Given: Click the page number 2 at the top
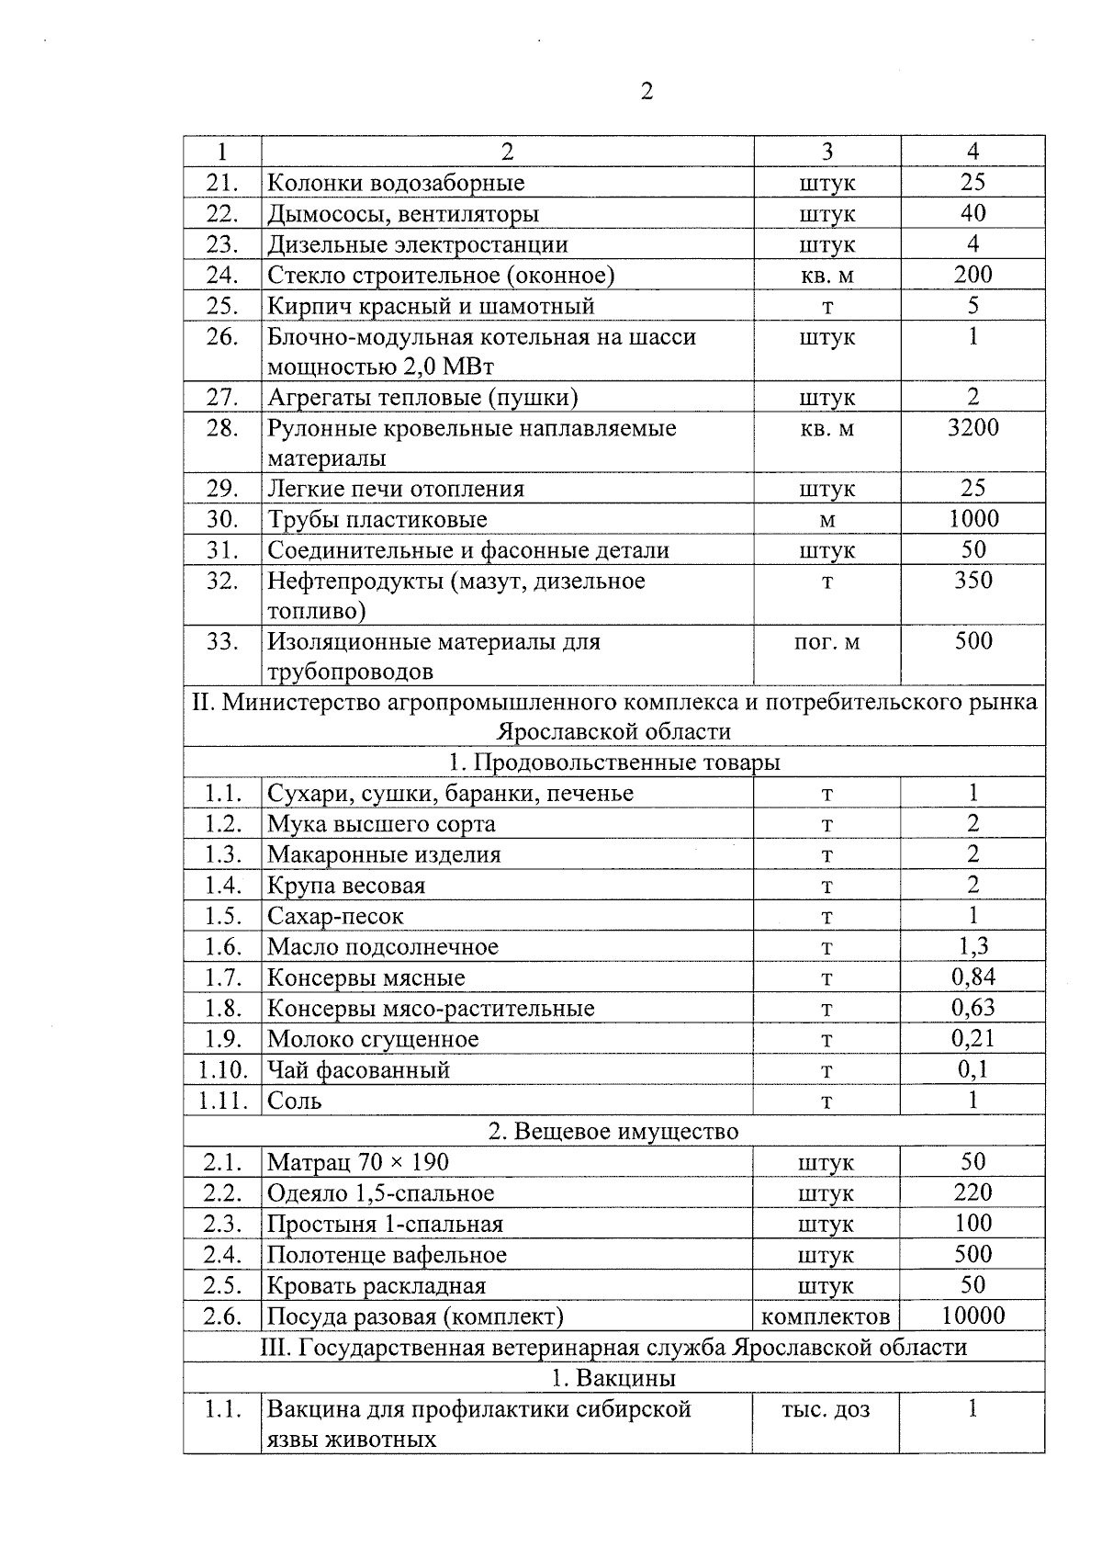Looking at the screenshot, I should tap(647, 92).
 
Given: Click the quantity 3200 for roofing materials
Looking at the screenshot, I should tap(973, 427).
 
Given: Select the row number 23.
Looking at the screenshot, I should tap(222, 244).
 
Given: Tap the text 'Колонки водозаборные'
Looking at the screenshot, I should tap(396, 183).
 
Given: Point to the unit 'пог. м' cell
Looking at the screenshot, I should tap(826, 641).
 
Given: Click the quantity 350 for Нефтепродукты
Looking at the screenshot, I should tap(973, 580).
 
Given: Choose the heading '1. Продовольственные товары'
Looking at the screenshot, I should tap(614, 763).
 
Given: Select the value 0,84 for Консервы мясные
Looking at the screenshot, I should tap(973, 977).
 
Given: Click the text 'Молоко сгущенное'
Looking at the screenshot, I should tap(373, 1039).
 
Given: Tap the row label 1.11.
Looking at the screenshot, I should tap(222, 1101).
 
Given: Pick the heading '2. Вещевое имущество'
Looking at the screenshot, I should tap(613, 1131).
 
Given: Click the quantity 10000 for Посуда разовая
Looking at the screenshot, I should tap(973, 1316).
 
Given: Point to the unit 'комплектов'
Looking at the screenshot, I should tap(826, 1316).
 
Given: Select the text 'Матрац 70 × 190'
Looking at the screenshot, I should tap(358, 1162).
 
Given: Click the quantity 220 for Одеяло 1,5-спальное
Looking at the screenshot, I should tap(973, 1192).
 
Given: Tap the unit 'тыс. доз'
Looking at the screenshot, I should tap(825, 1408).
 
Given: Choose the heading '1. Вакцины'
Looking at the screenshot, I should tap(613, 1378).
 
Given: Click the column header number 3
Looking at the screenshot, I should tap(826, 152).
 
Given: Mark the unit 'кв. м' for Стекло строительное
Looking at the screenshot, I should tap(826, 275).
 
